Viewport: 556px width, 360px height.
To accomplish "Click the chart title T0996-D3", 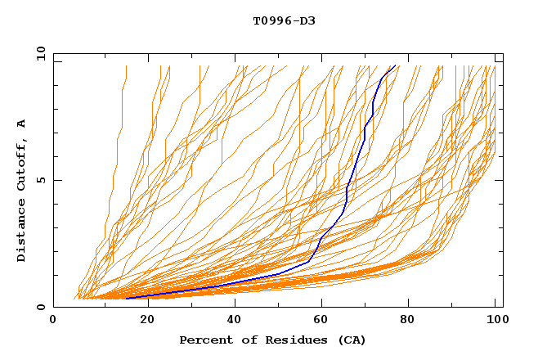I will [284, 20].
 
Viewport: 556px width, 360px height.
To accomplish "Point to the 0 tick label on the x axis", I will [53, 321].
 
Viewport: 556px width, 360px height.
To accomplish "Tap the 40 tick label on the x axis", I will [235, 321].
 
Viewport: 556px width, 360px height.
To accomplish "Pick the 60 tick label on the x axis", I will [323, 321].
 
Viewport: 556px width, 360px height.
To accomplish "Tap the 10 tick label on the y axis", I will [38, 53].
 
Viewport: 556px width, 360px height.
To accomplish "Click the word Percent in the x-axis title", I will [202, 340].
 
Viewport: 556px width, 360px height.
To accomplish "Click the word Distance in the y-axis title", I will [21, 231].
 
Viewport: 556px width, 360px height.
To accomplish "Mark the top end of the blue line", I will [395, 66].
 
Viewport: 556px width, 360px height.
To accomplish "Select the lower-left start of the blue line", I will [127, 298].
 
